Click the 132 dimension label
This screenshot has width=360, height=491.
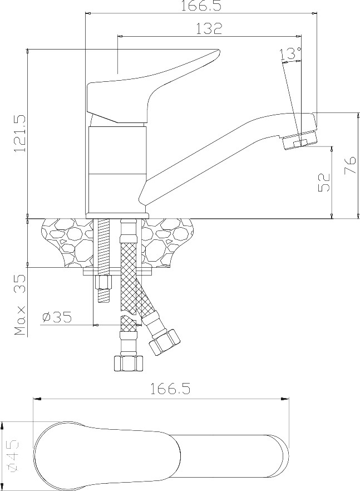(x=209, y=28)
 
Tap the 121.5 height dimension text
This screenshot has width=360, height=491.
(x=19, y=133)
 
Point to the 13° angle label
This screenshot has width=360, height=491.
(x=292, y=53)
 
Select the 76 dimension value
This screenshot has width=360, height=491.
(x=350, y=165)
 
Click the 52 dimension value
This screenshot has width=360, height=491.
(x=324, y=182)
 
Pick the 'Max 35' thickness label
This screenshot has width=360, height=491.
(x=20, y=305)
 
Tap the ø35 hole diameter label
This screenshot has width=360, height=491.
(x=57, y=317)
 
